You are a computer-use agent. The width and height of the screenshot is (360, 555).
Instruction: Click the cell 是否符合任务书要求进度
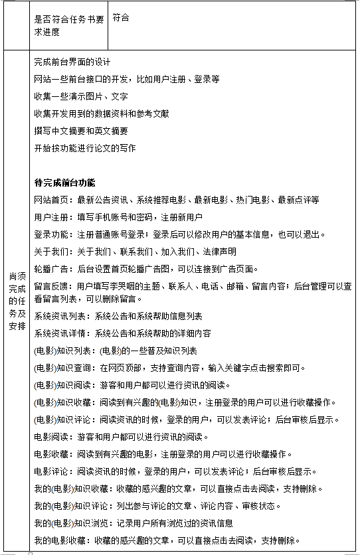tap(68, 25)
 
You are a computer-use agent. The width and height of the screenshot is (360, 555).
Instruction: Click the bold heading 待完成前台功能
tap(64, 182)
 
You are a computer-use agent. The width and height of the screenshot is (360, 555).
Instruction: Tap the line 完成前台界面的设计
tap(72, 62)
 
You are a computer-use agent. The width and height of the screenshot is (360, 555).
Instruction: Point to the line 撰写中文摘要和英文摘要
tap(80, 131)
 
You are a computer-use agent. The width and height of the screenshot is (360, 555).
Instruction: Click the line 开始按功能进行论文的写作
tap(84, 148)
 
